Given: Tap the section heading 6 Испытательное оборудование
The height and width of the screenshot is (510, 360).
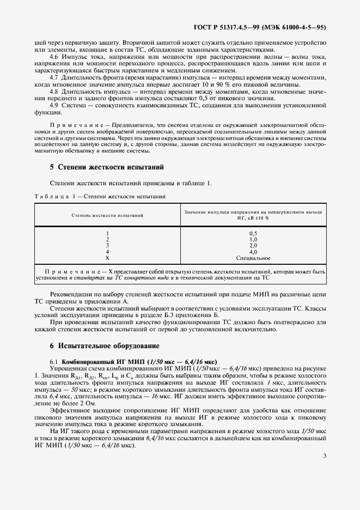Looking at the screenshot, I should [x=105, y=345].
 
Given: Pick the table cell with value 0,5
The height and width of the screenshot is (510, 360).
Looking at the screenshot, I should [x=253, y=233].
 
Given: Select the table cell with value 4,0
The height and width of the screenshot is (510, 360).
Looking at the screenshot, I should [x=253, y=252].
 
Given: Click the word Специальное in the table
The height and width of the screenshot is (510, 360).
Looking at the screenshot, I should [x=253, y=258].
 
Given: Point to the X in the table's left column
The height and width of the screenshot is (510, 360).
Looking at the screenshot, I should [x=107, y=258].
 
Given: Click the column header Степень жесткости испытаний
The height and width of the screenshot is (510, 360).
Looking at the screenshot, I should [x=107, y=215].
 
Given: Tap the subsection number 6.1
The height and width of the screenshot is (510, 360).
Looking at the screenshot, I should [x=54, y=361].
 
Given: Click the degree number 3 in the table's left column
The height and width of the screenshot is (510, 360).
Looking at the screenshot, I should [x=107, y=246].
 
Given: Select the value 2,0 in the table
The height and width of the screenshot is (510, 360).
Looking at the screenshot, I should [x=253, y=246].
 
